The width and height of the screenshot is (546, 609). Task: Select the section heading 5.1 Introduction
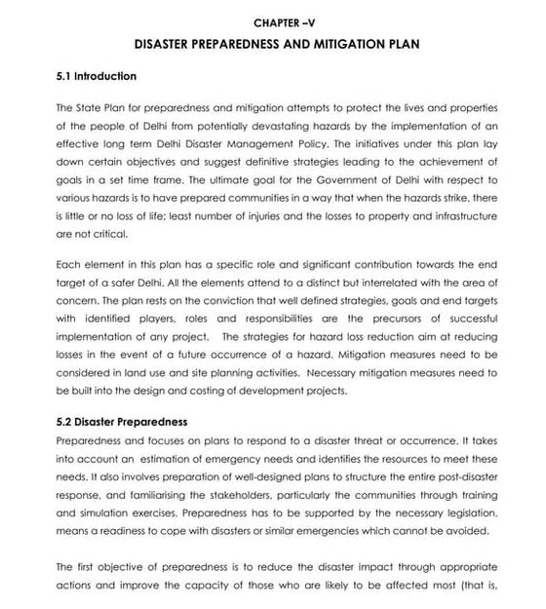[97, 76]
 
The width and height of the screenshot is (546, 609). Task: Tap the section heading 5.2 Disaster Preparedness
[122, 422]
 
